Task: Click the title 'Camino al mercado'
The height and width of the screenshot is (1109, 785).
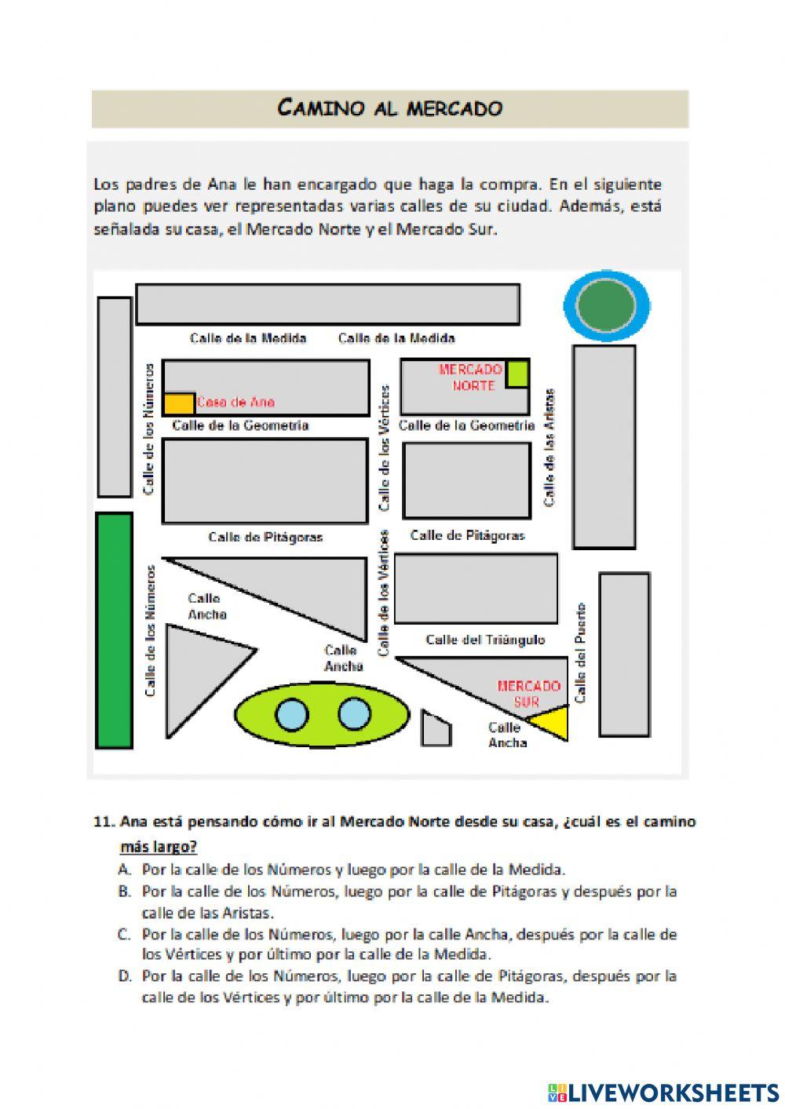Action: (390, 108)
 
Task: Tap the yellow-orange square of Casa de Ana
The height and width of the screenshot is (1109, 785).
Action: (179, 403)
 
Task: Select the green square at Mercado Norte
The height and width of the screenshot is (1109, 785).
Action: (517, 374)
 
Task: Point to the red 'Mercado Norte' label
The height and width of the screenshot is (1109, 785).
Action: (470, 378)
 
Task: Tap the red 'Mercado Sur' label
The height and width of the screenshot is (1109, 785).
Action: (528, 693)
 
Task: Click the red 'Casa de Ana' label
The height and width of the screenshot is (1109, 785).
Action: (235, 403)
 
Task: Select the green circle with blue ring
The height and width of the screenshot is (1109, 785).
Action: (607, 306)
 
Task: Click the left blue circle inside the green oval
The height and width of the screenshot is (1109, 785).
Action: (292, 714)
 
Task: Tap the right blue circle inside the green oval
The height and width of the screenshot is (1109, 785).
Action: (354, 714)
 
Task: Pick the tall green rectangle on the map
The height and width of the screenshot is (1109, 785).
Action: (114, 629)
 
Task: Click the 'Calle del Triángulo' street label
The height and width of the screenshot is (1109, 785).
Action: (485, 640)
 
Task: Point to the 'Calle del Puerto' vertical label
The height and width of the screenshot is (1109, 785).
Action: (581, 652)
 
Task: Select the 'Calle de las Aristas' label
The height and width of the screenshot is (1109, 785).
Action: (549, 447)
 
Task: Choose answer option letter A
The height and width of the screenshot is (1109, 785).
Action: (124, 870)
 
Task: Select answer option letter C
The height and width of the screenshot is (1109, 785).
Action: (124, 934)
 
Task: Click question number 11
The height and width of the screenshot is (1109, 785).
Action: (103, 822)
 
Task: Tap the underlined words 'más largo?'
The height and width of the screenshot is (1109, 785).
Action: (158, 847)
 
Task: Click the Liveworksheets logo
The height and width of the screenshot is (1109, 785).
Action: (663, 1092)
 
